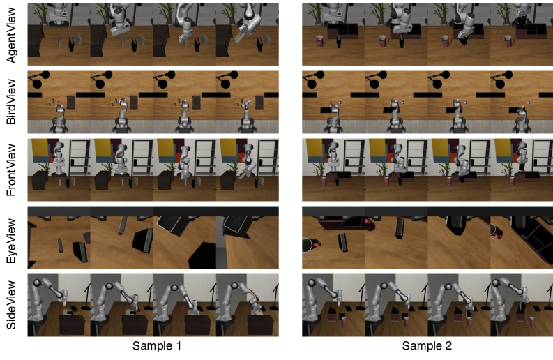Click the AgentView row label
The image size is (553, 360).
pos(11,35)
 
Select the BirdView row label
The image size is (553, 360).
pos(11,102)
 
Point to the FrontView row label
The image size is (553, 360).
pos(11,170)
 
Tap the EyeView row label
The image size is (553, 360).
pos(11,241)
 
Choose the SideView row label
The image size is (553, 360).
pos(11,305)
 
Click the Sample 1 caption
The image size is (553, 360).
pos(157,346)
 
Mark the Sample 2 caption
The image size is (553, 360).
pos(427,346)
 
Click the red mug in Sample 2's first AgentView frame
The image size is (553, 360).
pos(321,41)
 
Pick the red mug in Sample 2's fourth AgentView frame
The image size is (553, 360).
pos(509,41)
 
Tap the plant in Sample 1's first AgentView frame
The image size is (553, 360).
pos(41,13)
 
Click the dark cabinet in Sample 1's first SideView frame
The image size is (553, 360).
pos(72,324)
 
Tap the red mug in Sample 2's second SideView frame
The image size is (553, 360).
pos(407,322)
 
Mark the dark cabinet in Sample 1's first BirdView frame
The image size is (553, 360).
pos(71,103)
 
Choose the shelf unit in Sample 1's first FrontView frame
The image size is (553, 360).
pos(79,157)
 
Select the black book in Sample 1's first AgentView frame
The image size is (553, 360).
pos(72,45)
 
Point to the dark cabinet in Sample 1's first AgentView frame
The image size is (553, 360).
pos(36,42)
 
